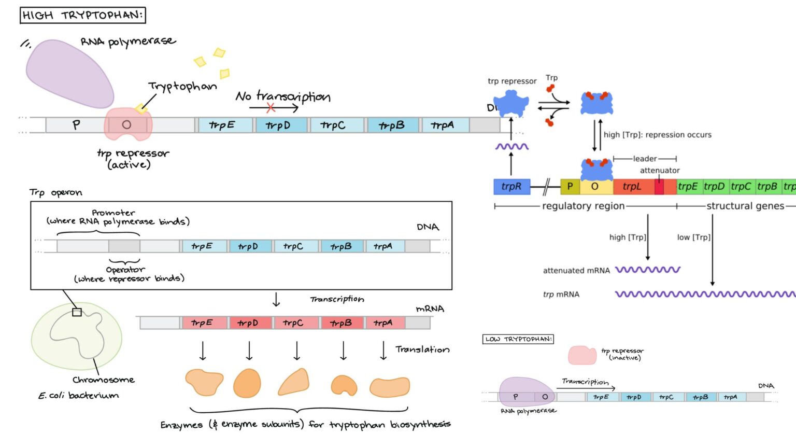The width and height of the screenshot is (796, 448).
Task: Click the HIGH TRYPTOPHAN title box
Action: coord(82,15)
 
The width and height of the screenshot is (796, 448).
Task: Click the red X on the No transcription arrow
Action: coord(271,108)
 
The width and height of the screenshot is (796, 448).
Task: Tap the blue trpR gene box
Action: coord(511,187)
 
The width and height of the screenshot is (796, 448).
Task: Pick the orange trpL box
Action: coord(632,187)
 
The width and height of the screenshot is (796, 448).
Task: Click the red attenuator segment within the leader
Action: coord(659,187)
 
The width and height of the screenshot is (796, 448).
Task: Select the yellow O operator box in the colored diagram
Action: coord(595,187)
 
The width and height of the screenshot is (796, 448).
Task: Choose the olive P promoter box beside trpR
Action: coord(570,187)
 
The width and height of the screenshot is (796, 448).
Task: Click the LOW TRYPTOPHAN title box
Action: coord(518,339)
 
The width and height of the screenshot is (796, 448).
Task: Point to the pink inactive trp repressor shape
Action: coord(582,355)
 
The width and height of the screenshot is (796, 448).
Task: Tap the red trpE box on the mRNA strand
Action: coord(202,323)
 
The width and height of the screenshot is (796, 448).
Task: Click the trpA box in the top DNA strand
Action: coord(443,125)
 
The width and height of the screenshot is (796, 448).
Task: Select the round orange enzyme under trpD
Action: coord(247,384)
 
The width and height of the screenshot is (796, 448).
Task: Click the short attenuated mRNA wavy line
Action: coord(647,270)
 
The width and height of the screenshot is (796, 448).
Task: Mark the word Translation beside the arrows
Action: coord(422,349)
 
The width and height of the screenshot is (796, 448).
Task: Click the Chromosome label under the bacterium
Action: coord(104,380)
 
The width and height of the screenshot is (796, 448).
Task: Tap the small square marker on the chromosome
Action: coord(77,312)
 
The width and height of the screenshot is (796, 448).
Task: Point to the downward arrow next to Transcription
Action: coord(276,300)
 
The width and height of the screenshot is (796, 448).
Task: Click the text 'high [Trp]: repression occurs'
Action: coord(657,135)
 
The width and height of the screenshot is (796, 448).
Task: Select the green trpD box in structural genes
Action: coord(714,187)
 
